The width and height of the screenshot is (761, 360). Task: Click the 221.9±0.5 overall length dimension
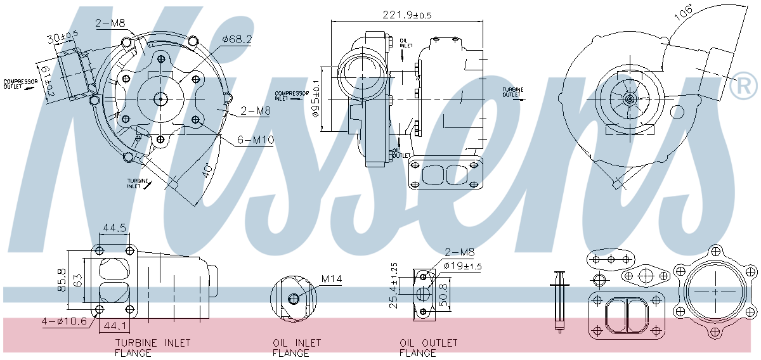[x=407, y=15]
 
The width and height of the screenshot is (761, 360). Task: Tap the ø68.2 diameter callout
[x=237, y=40]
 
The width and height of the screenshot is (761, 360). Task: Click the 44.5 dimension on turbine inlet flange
[x=114, y=228]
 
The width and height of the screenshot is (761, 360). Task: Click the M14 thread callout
[x=332, y=279]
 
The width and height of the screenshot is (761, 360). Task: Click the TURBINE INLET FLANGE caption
[x=152, y=348]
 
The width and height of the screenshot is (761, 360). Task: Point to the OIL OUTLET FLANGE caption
[x=429, y=348]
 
